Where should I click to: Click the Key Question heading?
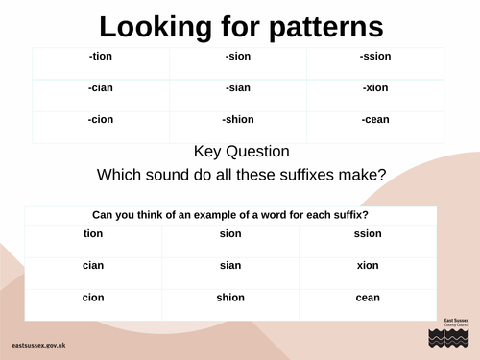coord(241,152)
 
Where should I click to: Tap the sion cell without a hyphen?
coord(230,233)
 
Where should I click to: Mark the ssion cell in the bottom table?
coord(368,233)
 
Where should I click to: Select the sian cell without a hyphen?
coord(230,265)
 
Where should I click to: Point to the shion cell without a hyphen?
coord(230,298)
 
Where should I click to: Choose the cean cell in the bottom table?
coord(368,298)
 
